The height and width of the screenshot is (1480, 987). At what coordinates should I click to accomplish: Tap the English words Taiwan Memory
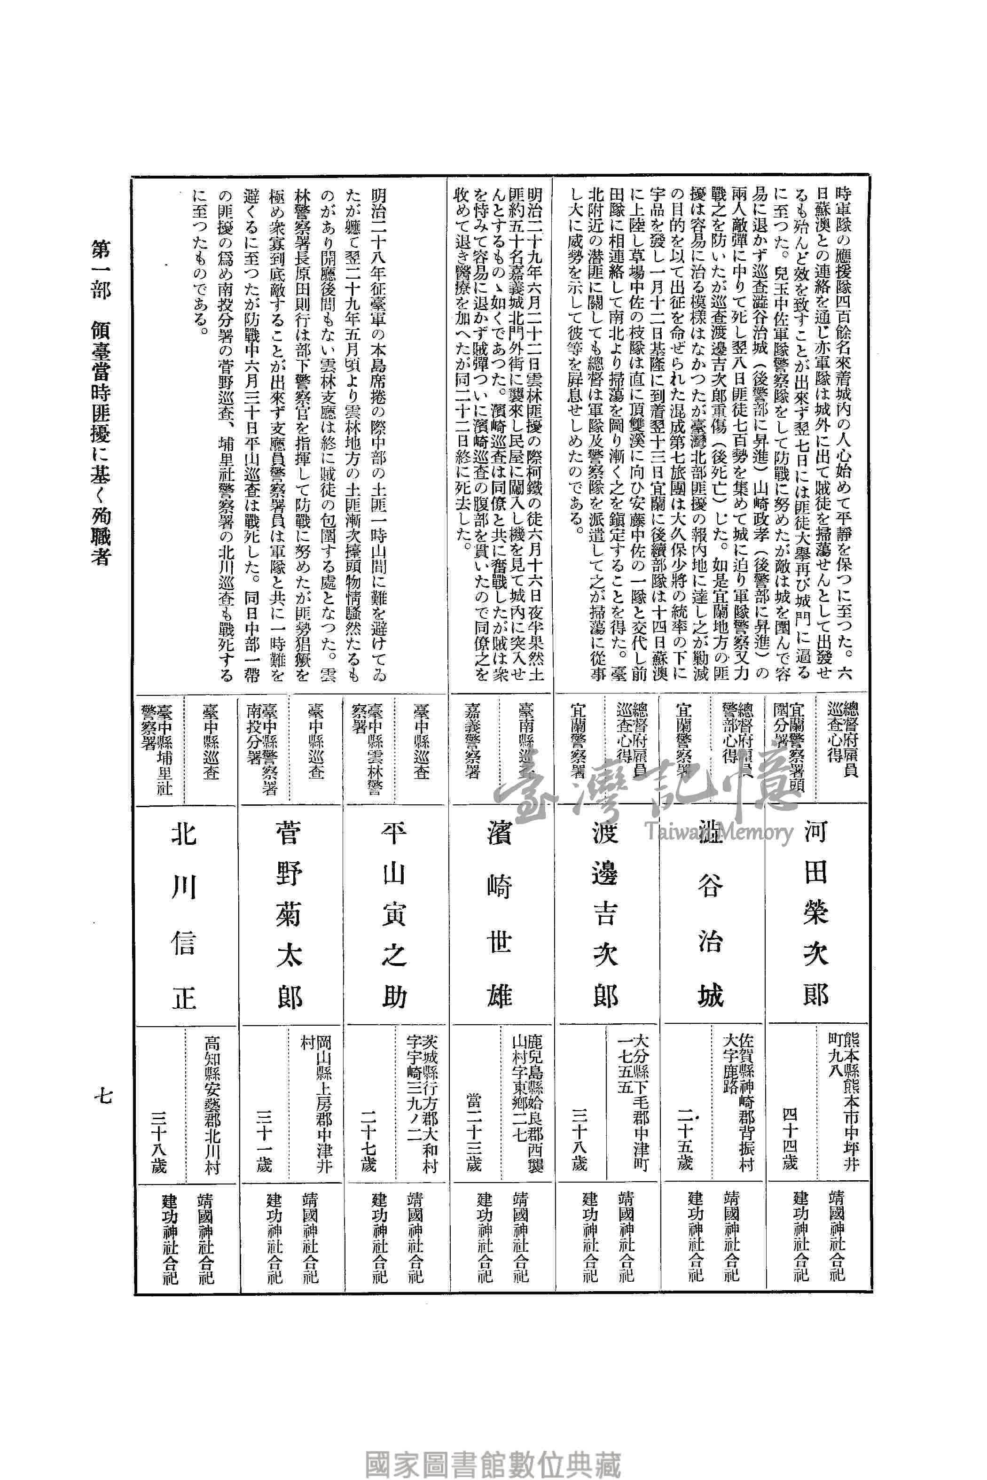pos(718,832)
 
